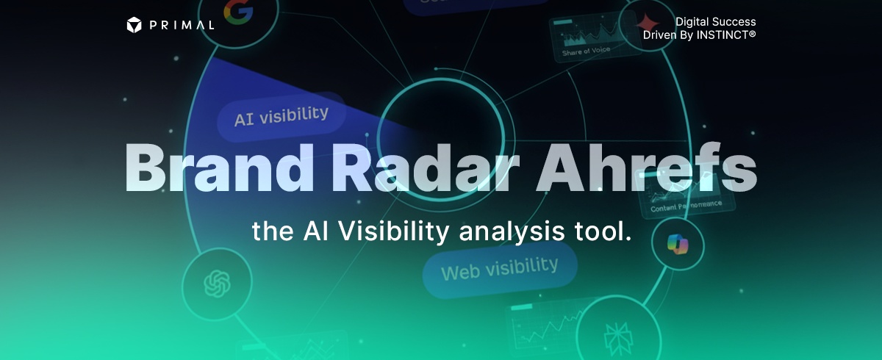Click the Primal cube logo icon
[x=133, y=25]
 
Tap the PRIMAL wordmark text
[x=182, y=25]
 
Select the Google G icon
[x=238, y=12]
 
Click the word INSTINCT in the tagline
[x=723, y=35]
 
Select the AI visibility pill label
[x=281, y=115]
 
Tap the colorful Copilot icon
[x=675, y=243]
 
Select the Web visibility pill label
[x=499, y=269]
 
